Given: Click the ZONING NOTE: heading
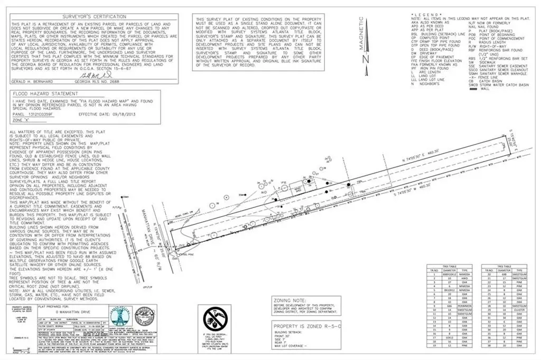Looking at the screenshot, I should (x=292, y=300).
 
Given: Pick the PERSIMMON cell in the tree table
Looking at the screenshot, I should (x=464, y=307).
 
